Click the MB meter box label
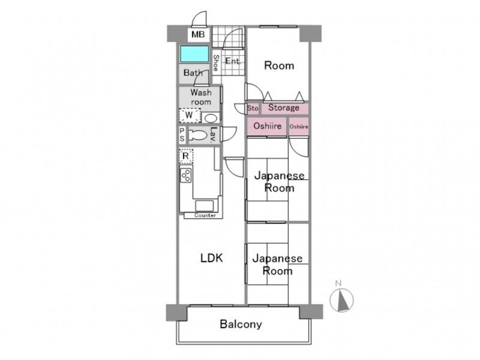[x=198, y=34]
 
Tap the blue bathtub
[x=194, y=54]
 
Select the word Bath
[x=193, y=73]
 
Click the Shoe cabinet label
[x=216, y=63]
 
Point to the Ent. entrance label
[x=233, y=61]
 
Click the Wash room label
[x=201, y=97]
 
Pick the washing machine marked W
[x=190, y=115]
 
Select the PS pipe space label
[x=182, y=135]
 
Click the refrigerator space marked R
[x=186, y=156]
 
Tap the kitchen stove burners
[x=186, y=175]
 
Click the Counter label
[x=205, y=215]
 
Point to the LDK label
[x=212, y=258]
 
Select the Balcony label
[x=241, y=324]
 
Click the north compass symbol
[x=341, y=299]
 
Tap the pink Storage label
[x=284, y=107]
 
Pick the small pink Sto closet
[x=253, y=109]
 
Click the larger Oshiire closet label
[x=267, y=126]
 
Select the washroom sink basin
[x=210, y=118]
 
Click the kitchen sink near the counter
[x=204, y=205]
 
